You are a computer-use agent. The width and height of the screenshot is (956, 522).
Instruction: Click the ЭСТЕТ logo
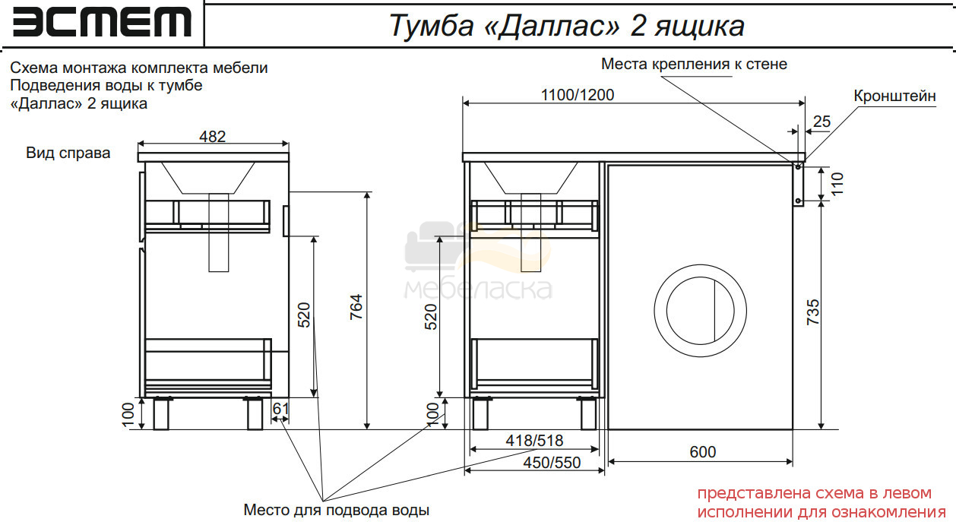pos(102,23)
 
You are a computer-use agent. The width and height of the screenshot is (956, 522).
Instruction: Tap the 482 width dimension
pos(212,137)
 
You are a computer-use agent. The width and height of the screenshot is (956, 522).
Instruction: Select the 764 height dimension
pos(356,306)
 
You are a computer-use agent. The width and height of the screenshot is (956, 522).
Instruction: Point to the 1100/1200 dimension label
pos(578,95)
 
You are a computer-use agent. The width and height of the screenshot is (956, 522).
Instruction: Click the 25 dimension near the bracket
pos(821,122)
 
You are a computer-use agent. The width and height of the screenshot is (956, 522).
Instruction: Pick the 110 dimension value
pos(837,184)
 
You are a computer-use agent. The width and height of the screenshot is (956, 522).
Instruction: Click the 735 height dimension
pos(812,312)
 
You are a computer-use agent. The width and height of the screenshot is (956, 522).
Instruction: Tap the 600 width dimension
pos(702,452)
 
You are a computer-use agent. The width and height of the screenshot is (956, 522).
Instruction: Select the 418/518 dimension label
pos(534,440)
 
